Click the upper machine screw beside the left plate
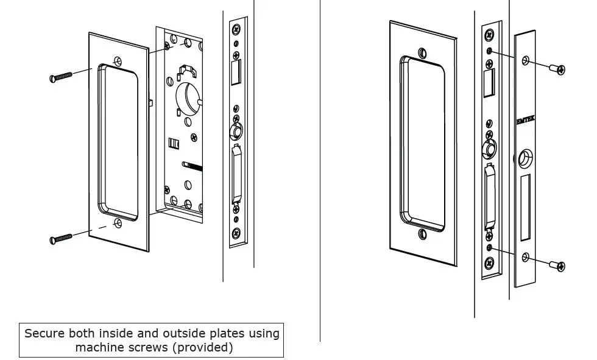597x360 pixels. click(x=61, y=76)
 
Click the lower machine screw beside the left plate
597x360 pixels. click(x=61, y=238)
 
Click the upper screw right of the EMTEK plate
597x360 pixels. click(x=557, y=69)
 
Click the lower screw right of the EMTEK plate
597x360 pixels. click(x=557, y=265)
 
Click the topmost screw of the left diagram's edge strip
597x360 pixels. click(x=236, y=29)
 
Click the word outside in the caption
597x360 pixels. click(x=183, y=333)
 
